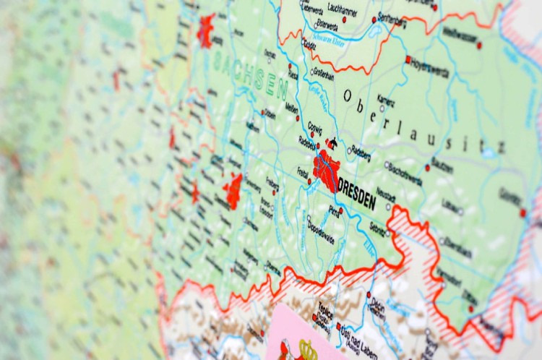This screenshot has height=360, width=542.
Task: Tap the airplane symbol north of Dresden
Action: pos(332,143)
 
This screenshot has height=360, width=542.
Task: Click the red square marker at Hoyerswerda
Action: pos(408,59)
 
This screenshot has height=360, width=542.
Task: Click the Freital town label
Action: pos(303,172)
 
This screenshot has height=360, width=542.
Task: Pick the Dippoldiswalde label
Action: pos(320,231)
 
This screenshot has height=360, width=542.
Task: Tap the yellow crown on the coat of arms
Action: pos(307,349)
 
